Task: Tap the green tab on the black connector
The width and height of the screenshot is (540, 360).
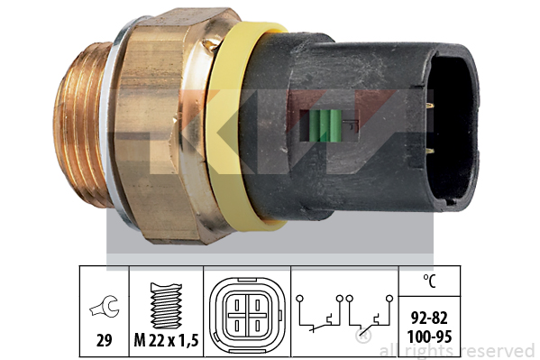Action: pos(325,125)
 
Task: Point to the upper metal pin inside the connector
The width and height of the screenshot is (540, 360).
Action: pos(429,107)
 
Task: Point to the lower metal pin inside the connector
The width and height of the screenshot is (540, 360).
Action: pos(429,150)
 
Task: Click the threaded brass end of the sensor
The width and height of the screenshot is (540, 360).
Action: pos(82,125)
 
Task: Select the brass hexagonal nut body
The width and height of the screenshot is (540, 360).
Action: pos(162,125)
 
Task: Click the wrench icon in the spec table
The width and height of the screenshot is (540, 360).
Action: pos(105,306)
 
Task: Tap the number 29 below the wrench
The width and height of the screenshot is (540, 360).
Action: pos(105,341)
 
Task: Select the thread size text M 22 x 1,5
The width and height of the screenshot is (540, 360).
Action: pos(167,341)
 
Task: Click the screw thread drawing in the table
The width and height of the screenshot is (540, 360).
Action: pos(167,306)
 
